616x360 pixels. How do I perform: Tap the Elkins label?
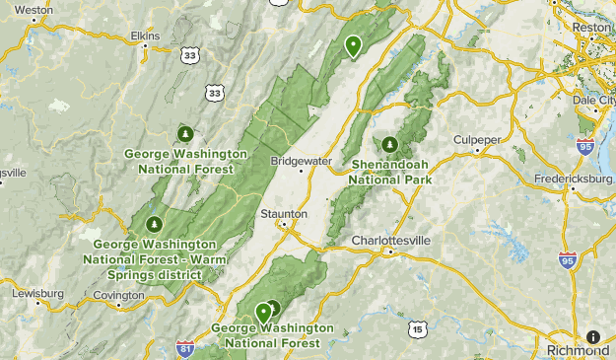click(x=145, y=36)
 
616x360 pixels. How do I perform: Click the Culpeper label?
click(x=477, y=140)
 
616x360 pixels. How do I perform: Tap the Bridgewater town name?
click(x=303, y=160)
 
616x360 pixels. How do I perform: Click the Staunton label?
click(x=285, y=213)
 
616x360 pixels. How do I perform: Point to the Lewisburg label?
click(x=38, y=294)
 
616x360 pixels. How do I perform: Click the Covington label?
click(x=119, y=295)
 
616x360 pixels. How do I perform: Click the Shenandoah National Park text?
click(x=392, y=173)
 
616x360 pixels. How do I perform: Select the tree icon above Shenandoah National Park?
click(x=388, y=142)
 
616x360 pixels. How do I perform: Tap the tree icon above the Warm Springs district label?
click(x=152, y=225)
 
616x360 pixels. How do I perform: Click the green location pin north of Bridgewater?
click(x=353, y=45)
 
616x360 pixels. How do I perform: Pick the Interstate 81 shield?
click(x=184, y=347)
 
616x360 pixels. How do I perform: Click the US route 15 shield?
click(x=418, y=328)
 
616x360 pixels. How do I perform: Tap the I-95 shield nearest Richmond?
click(x=567, y=260)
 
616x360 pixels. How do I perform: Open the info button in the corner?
click(x=593, y=337)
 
